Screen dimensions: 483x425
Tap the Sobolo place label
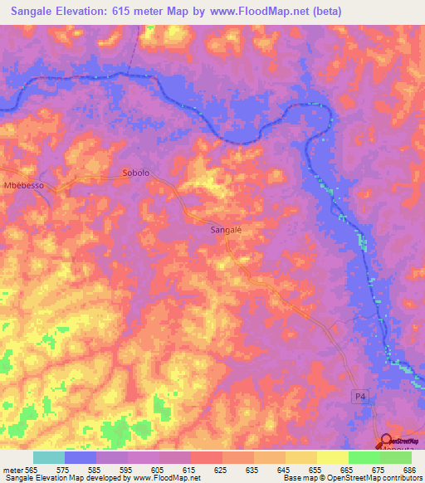click(x=135, y=173)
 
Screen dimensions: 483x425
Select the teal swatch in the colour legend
click(x=49, y=457)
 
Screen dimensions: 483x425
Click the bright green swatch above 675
click(x=364, y=457)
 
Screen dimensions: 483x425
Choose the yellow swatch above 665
click(x=333, y=457)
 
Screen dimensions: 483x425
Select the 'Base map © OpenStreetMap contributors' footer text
click(x=352, y=478)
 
